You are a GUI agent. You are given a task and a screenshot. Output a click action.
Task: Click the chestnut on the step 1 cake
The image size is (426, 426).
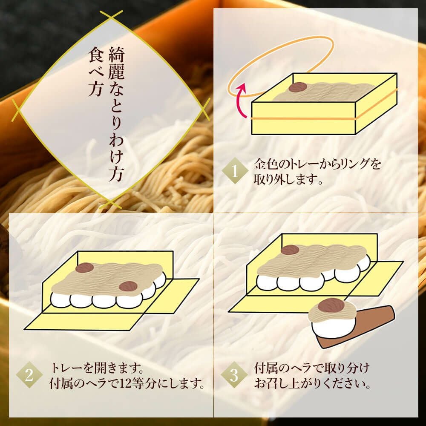[297, 87]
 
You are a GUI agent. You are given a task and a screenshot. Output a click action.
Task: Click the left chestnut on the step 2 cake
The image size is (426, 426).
[84, 268]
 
